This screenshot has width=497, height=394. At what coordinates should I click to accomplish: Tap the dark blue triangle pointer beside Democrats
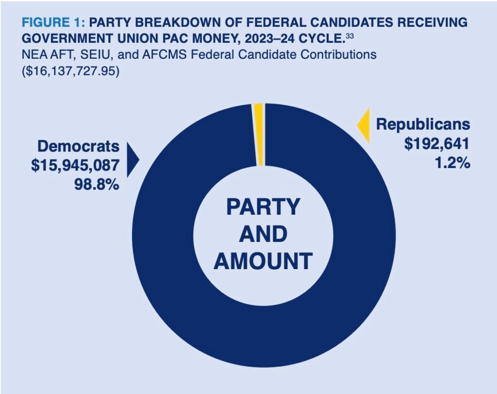(132, 159)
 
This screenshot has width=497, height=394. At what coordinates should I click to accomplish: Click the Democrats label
(78, 146)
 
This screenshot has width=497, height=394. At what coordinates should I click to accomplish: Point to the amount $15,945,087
(75, 165)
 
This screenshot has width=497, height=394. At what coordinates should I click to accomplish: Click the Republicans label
(423, 124)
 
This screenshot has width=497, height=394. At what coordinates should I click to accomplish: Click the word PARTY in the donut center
(263, 207)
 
